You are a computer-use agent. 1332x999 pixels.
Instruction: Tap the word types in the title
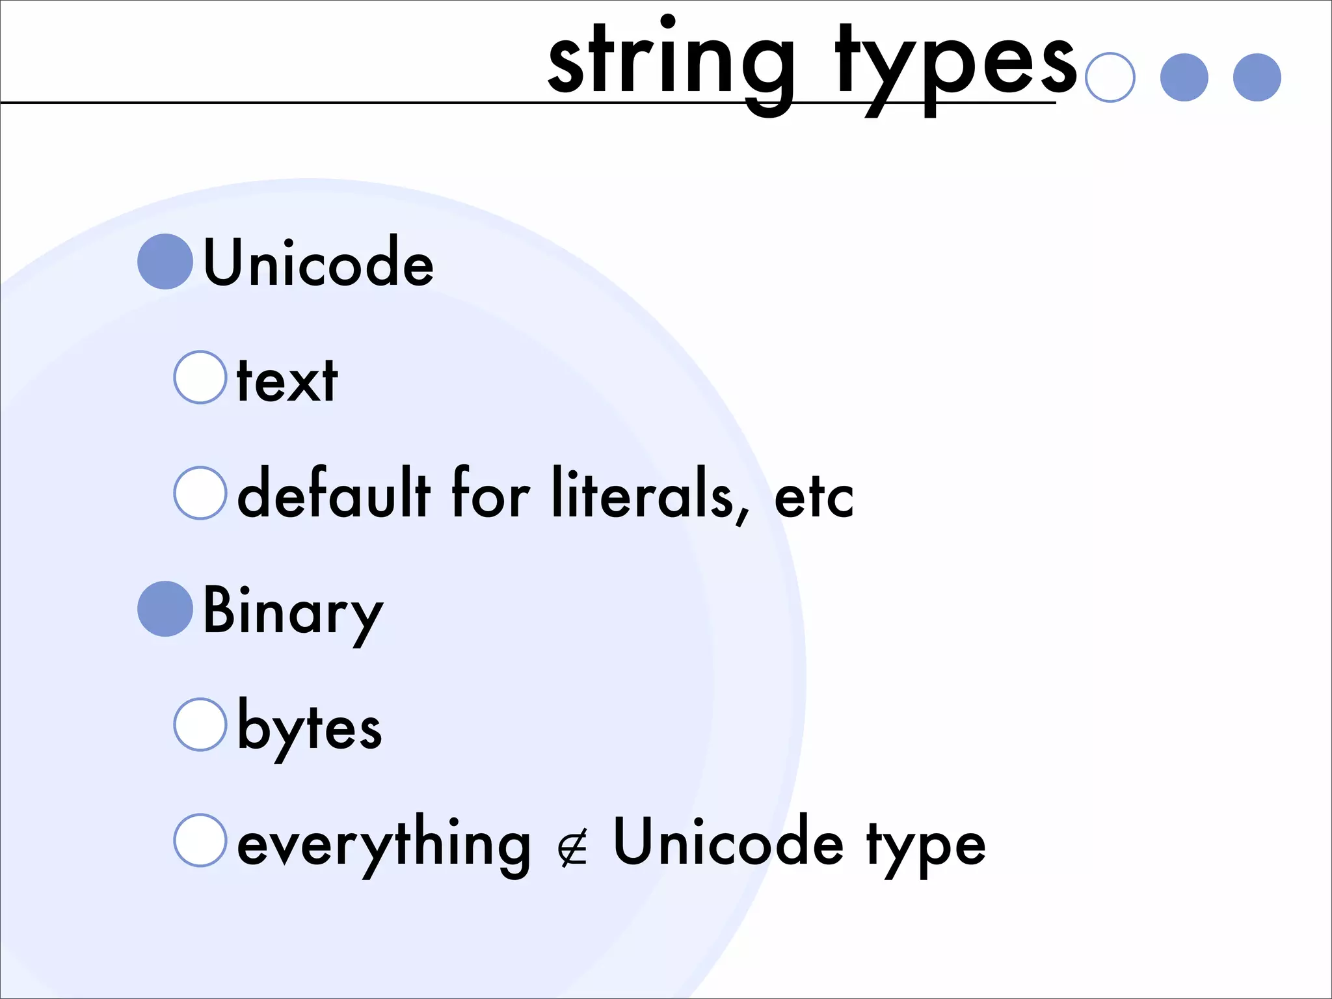pyautogui.click(x=956, y=65)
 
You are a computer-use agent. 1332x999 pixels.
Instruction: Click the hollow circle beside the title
pyautogui.click(x=1110, y=77)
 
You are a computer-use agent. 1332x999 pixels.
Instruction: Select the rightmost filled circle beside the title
pyautogui.click(x=1257, y=77)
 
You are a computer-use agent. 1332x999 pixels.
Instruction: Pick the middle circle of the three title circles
pyautogui.click(x=1184, y=77)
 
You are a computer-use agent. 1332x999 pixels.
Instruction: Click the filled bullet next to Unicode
pyautogui.click(x=165, y=261)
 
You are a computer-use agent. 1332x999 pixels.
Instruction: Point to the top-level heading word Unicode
pyautogui.click(x=318, y=262)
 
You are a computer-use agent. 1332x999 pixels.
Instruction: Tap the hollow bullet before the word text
pyautogui.click(x=200, y=377)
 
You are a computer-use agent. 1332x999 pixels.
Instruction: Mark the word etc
pyautogui.click(x=814, y=499)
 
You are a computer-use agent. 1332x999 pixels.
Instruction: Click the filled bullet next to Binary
pyautogui.click(x=165, y=609)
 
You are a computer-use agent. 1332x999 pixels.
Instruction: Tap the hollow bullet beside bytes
pyautogui.click(x=200, y=725)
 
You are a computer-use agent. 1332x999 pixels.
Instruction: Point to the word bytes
pyautogui.click(x=310, y=728)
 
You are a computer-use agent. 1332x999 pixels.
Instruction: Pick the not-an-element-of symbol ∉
pyautogui.click(x=572, y=848)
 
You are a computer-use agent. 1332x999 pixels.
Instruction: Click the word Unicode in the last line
pyautogui.click(x=728, y=843)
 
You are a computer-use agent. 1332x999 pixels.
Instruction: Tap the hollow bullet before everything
pyautogui.click(x=200, y=840)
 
